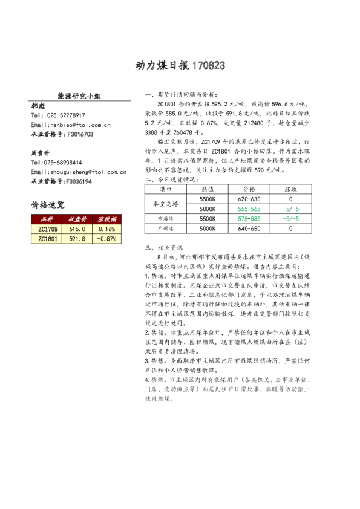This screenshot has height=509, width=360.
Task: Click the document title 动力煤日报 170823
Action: point(180,65)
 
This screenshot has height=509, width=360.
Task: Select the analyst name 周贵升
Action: point(41,153)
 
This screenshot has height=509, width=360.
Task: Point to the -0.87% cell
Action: point(106,239)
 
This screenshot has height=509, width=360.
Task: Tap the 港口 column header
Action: point(166,189)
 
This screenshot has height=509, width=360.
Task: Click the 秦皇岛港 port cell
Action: point(166,204)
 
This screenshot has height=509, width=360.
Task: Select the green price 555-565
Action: point(249,209)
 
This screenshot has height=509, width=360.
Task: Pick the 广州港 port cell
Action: point(166,229)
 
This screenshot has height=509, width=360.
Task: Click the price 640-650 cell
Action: point(249,229)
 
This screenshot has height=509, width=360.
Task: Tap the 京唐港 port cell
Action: point(166,218)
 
